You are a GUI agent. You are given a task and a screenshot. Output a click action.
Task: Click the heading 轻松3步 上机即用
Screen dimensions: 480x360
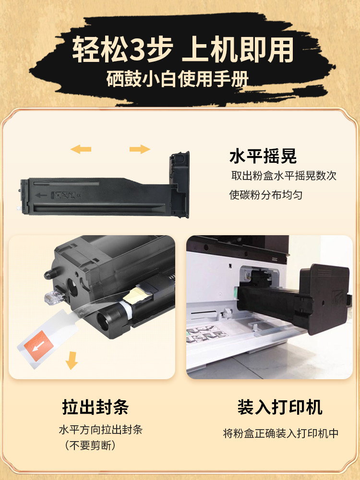(x=182, y=50)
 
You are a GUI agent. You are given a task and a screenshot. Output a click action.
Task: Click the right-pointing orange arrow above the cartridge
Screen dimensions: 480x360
(x=140, y=149)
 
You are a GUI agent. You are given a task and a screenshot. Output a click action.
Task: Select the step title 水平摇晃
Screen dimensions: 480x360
(x=263, y=156)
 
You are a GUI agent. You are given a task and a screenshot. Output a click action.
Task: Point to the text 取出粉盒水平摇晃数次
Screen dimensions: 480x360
(x=284, y=176)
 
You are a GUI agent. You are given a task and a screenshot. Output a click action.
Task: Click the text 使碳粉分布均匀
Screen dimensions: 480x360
(x=265, y=195)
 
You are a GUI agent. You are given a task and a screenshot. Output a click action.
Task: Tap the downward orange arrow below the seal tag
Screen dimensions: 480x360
(x=72, y=360)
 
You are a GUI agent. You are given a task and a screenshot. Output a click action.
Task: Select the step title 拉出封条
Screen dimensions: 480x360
(x=95, y=408)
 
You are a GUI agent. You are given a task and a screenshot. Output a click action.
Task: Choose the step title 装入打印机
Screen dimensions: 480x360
(x=280, y=408)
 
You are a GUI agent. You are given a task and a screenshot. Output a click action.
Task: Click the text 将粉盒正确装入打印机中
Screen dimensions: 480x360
(x=281, y=433)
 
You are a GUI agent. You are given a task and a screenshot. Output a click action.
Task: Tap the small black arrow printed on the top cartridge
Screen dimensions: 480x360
(x=41, y=195)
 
